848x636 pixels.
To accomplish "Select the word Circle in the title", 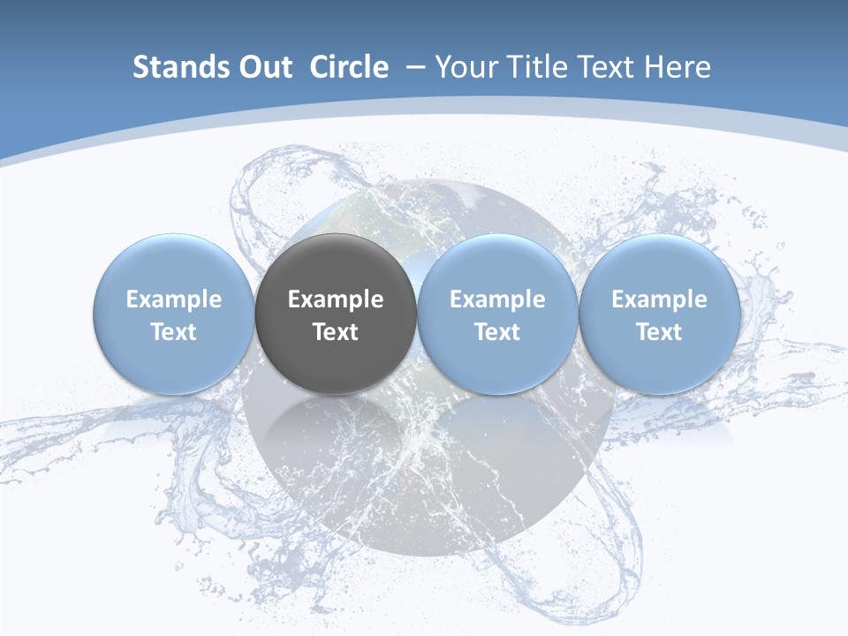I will (349, 67).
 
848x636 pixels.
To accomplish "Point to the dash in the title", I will (415, 67).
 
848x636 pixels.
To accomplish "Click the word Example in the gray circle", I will (336, 299).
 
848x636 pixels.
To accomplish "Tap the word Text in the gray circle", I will (336, 332).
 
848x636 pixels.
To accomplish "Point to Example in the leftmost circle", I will (174, 299).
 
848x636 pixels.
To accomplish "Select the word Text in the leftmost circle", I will (174, 332).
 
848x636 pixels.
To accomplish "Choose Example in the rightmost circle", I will (659, 299).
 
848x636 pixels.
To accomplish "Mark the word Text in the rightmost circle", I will (659, 332).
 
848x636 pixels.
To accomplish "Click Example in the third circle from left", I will (497, 299).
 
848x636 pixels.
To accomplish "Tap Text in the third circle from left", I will (497, 332).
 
